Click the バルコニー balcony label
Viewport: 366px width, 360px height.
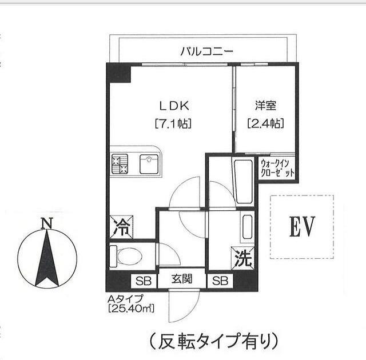tap(206, 51)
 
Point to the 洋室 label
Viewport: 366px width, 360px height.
tap(265, 106)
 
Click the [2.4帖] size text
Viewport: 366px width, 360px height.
tap(265, 123)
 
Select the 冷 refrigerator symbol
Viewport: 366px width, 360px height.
tap(121, 227)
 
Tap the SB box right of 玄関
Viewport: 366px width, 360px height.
tap(220, 281)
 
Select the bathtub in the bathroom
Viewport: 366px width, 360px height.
tap(243, 182)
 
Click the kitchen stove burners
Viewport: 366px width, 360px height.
tap(121, 165)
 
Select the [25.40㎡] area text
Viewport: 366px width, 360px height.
tap(131, 309)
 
